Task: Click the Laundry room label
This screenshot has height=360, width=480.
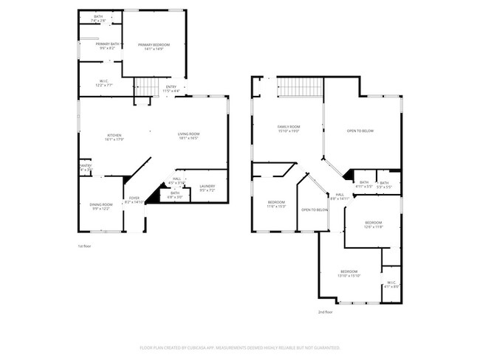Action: (x=207, y=189)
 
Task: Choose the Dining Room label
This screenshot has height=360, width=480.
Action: (x=102, y=206)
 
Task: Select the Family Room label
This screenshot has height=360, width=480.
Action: (x=289, y=128)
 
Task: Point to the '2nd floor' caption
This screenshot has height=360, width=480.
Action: (x=326, y=312)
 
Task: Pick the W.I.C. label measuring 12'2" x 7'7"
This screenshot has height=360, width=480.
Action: (x=103, y=83)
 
